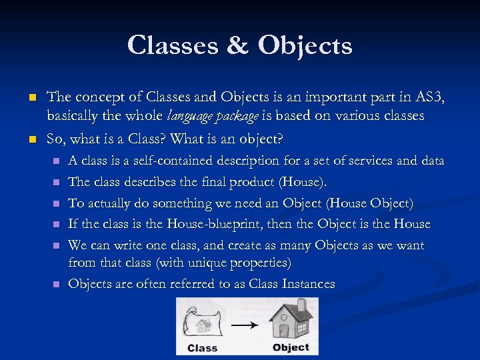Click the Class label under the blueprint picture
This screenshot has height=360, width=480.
click(203, 347)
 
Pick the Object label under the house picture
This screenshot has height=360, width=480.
click(291, 347)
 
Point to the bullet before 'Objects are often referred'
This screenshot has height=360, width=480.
click(55, 285)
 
